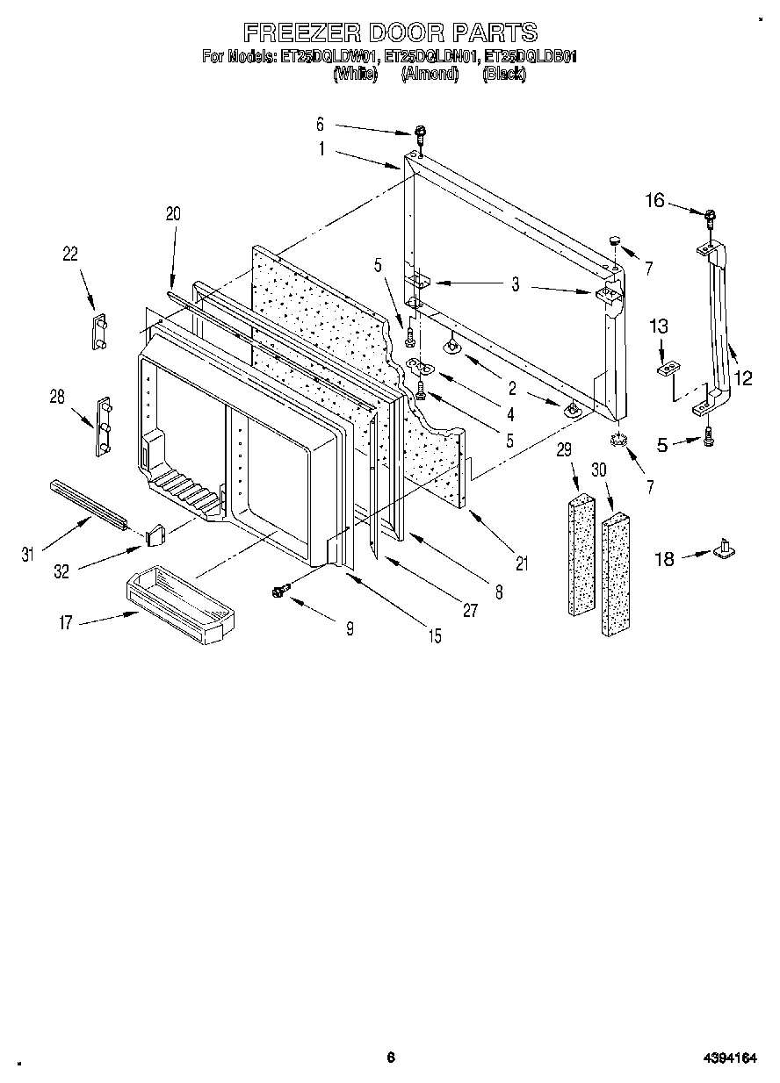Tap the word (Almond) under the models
430,75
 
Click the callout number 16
655,201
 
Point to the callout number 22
70,255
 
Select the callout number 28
57,398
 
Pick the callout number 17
66,623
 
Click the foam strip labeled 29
576,555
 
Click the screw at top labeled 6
422,134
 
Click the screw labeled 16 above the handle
707,213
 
